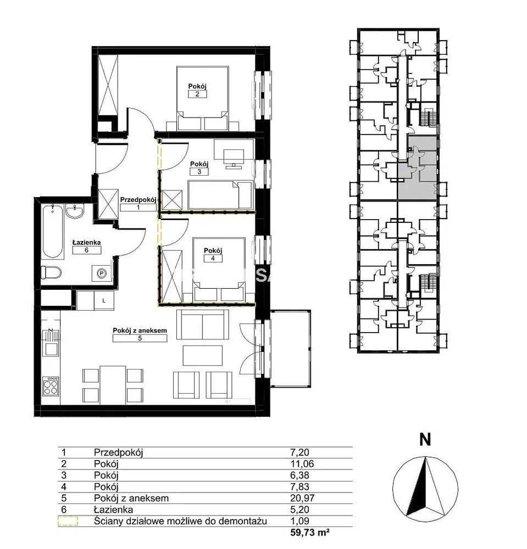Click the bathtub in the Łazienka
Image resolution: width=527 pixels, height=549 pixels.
click(53, 232)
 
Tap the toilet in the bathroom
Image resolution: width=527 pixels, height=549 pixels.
click(51, 272)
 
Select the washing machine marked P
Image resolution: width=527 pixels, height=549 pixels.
click(102, 273)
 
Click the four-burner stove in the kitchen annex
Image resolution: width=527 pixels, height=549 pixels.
click(51, 386)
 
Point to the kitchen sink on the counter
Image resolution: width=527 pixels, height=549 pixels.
click(51, 349)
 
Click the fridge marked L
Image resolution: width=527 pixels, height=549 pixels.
click(104, 300)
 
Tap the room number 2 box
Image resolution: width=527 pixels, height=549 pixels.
click(197, 94)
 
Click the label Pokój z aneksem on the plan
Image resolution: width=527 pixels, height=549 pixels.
click(140, 330)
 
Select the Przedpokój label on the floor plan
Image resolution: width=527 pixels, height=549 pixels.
click(138, 200)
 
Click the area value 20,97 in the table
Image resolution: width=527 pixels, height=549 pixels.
click(302, 498)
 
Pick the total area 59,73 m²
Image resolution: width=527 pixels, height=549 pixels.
click(310, 533)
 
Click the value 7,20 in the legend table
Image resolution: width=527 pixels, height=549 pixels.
click(299, 452)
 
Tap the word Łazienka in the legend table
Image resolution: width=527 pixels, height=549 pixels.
click(113, 509)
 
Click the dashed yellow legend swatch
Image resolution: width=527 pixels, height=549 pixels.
click(68, 521)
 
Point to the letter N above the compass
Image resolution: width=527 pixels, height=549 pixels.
click(425, 439)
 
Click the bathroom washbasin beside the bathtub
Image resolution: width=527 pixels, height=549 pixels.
click(75, 212)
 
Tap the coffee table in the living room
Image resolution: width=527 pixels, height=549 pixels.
click(203, 355)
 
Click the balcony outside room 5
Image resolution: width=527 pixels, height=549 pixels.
click(291, 349)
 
